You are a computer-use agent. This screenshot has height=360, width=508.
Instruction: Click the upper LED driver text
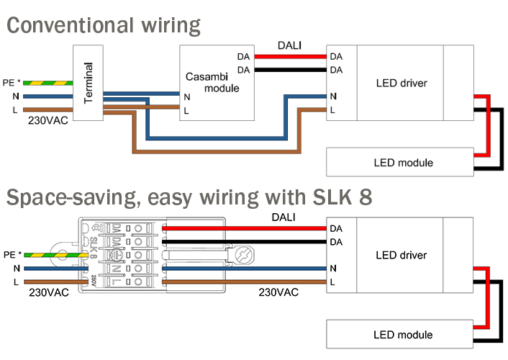tap(402, 83)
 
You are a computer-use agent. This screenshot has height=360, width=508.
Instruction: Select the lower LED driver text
tap(402, 255)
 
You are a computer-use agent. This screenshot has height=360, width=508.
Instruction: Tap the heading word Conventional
tap(69, 26)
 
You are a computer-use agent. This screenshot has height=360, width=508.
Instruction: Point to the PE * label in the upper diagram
tap(13, 82)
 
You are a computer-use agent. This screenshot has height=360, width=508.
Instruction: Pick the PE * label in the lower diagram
tap(13, 254)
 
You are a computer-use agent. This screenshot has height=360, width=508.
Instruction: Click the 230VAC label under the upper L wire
tap(48, 120)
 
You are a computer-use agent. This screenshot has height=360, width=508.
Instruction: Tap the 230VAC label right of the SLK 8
tap(278, 293)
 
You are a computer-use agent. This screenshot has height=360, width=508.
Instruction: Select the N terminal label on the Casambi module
tap(187, 96)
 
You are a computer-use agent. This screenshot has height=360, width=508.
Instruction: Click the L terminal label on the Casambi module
tap(187, 111)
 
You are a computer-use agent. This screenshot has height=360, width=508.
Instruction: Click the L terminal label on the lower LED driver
tap(334, 282)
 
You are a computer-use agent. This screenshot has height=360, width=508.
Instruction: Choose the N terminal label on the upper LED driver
tap(334, 96)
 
